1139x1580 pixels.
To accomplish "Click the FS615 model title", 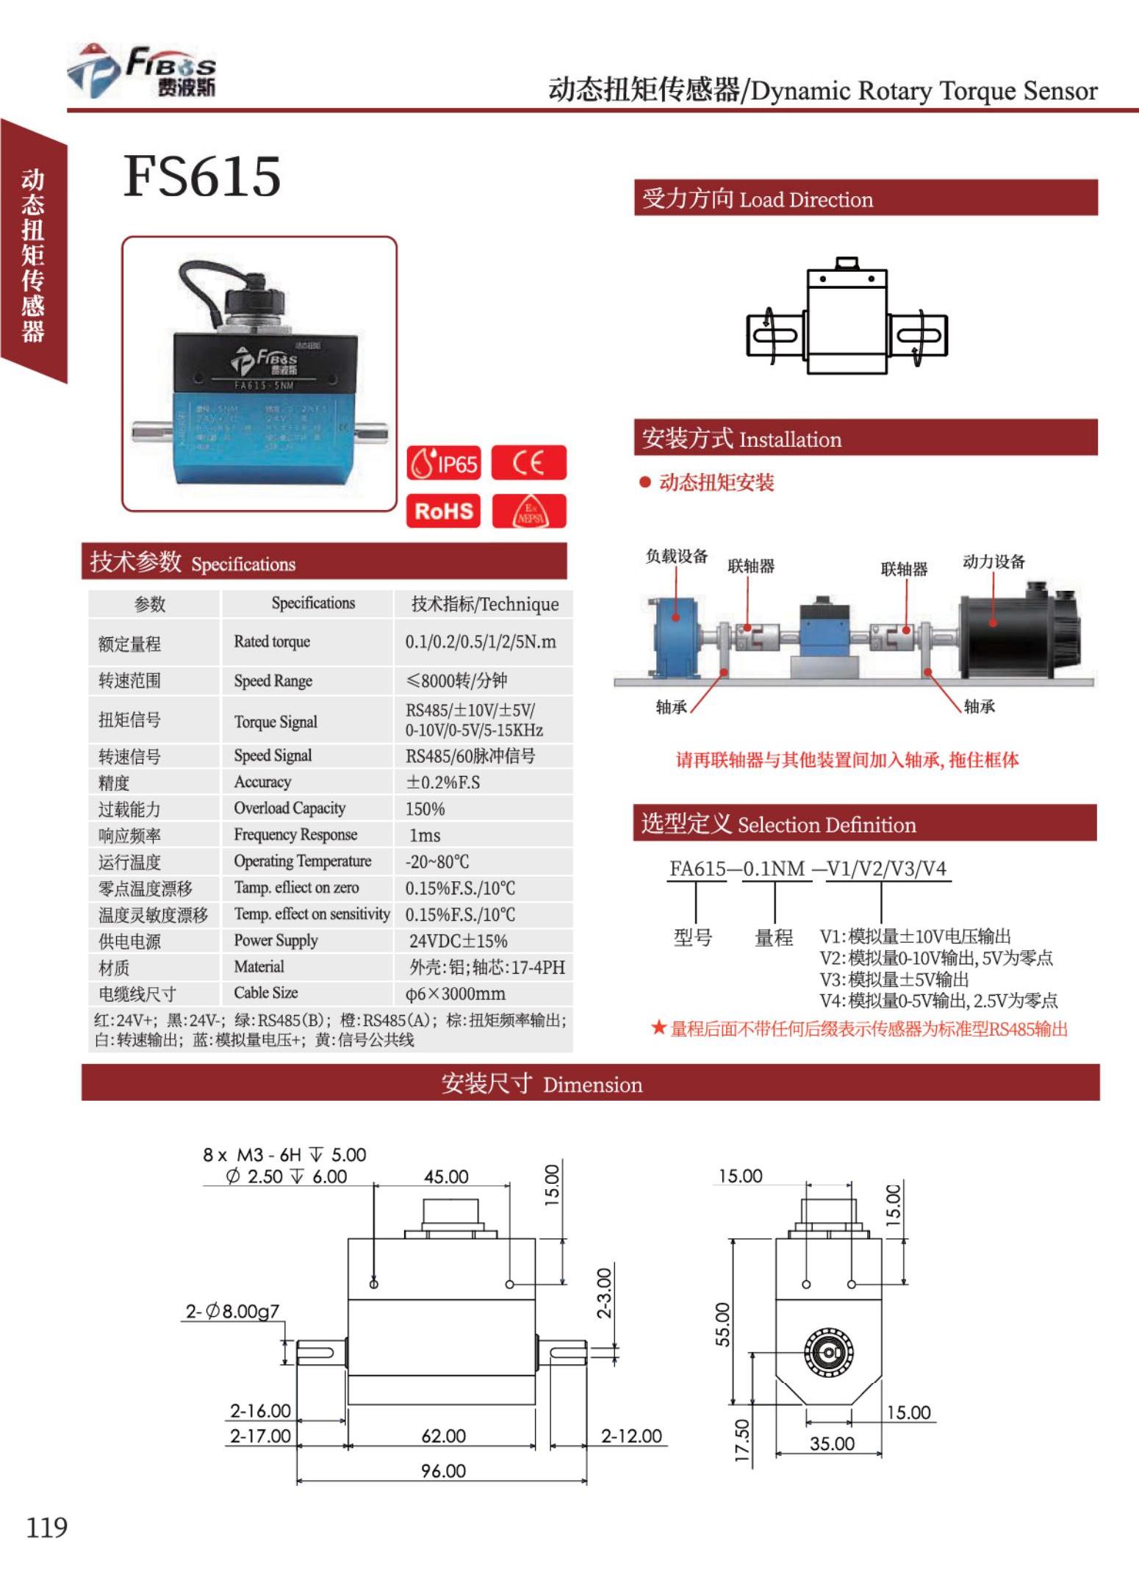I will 202,176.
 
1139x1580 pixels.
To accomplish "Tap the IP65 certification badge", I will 444,463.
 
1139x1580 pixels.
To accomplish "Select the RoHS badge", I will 443,511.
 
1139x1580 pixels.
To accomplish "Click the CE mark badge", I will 528,463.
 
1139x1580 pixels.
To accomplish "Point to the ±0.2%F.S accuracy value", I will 443,782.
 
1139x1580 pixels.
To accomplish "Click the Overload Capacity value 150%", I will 425,808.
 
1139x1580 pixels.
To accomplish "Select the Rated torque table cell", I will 272,642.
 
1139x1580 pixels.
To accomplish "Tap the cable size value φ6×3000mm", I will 455,994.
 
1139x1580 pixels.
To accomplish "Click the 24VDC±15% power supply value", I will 458,941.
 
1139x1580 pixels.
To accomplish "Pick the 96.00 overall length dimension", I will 443,1471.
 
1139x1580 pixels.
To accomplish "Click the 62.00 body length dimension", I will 443,1435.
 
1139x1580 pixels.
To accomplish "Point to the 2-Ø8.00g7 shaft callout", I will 232,1311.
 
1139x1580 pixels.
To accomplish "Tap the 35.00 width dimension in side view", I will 832,1443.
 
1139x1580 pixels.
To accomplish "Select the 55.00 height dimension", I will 723,1324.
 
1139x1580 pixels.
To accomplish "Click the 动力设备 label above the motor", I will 994,561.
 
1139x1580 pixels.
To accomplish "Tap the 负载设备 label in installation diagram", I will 676,556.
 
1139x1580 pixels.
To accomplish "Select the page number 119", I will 47,1527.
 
